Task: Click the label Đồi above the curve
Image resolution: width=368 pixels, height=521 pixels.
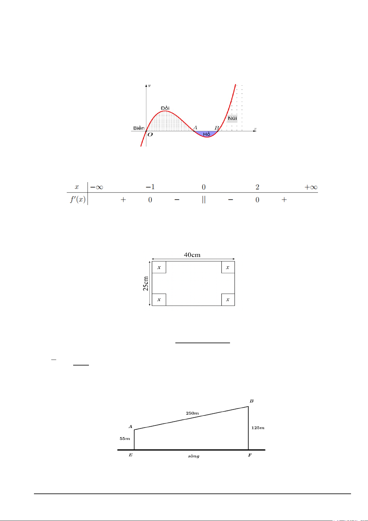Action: click(x=165, y=108)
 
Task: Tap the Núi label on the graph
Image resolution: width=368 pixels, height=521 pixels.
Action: click(x=232, y=118)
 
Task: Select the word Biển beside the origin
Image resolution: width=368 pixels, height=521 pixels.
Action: click(x=139, y=128)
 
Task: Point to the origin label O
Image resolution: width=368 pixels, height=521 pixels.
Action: click(x=150, y=135)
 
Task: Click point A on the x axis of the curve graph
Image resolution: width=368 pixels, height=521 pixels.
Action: click(x=194, y=131)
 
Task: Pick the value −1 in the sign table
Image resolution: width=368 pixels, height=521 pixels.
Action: click(x=150, y=187)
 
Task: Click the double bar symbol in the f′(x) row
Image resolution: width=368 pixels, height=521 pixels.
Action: click(x=204, y=199)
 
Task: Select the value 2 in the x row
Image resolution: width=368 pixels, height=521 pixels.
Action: click(x=257, y=187)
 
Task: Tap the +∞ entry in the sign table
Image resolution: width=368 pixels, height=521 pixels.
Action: click(x=311, y=187)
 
